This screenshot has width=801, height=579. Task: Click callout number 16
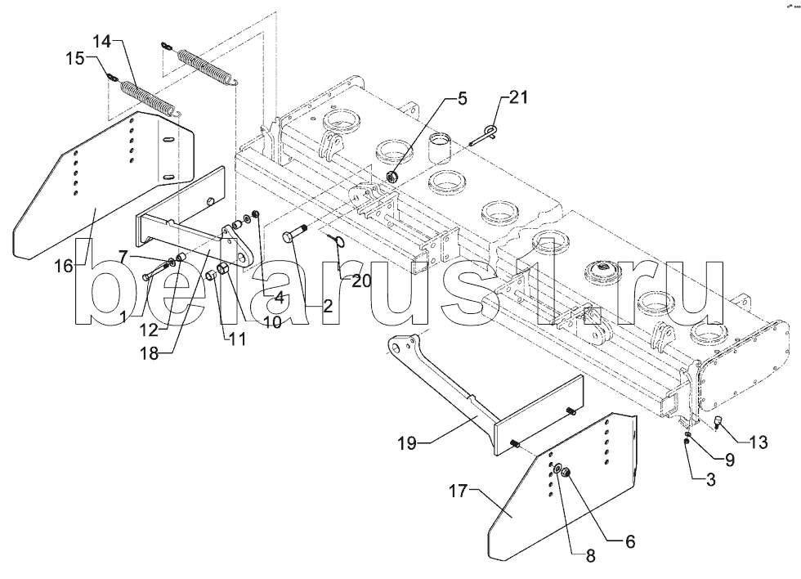click(x=64, y=266)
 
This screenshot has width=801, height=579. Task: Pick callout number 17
click(x=459, y=492)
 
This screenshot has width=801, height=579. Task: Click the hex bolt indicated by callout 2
click(x=294, y=237)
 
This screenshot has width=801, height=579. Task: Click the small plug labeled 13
click(x=715, y=423)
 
